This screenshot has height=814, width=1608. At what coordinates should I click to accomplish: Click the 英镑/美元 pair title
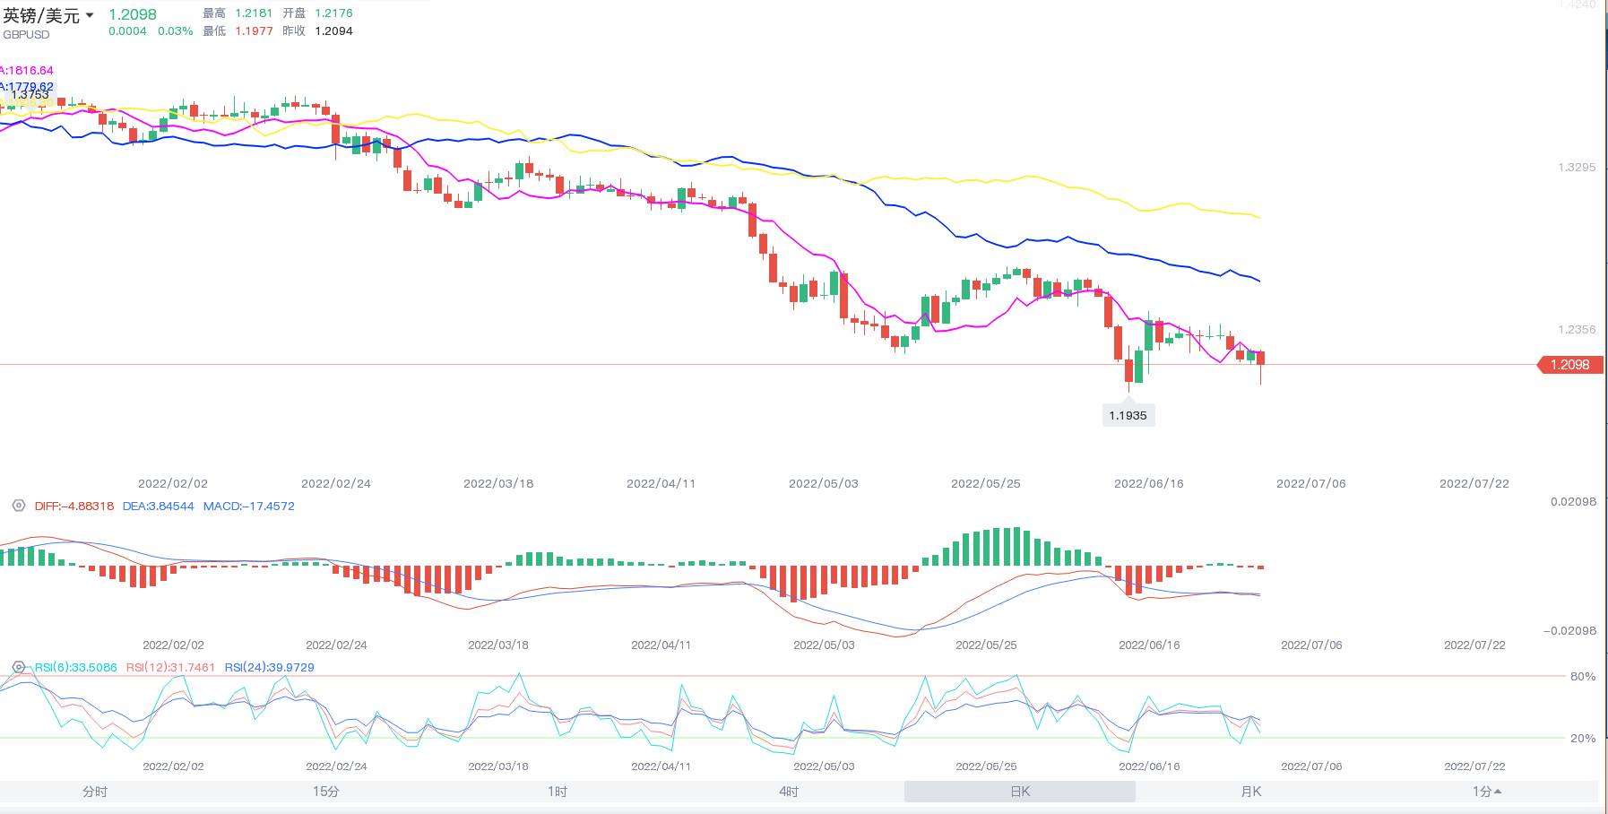tap(41, 16)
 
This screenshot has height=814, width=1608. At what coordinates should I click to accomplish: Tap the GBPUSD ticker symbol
tap(26, 35)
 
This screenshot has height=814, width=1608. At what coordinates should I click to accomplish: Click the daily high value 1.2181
tap(254, 13)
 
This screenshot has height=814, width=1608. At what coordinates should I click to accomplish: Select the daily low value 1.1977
tap(254, 31)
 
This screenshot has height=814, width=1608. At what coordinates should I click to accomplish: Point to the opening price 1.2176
tap(333, 13)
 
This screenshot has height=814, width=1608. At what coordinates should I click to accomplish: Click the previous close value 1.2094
tap(333, 31)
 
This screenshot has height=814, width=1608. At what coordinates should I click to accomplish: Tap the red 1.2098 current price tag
tap(1569, 365)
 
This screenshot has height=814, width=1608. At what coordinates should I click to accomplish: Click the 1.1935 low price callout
tap(1128, 416)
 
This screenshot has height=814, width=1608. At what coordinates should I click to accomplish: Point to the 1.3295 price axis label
tap(1577, 168)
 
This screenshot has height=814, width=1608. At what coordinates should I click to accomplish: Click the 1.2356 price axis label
tap(1577, 330)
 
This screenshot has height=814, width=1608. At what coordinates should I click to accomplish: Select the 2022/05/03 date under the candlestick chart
tap(823, 484)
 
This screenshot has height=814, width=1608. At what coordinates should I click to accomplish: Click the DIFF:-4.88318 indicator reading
tap(74, 507)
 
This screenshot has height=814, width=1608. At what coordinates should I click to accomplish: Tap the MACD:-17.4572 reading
tap(248, 507)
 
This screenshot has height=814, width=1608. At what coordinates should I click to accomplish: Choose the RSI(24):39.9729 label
tap(269, 668)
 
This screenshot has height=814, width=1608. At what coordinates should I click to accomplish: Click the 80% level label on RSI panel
tap(1582, 677)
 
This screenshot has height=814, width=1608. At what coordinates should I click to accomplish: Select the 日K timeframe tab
tap(1020, 792)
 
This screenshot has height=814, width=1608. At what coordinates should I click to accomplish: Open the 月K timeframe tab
tap(1250, 792)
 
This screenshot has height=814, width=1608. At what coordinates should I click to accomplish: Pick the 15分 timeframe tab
tap(326, 792)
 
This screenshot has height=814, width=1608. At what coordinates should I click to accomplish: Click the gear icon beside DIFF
tap(18, 506)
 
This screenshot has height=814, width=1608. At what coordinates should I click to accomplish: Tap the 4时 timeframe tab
tap(789, 792)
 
